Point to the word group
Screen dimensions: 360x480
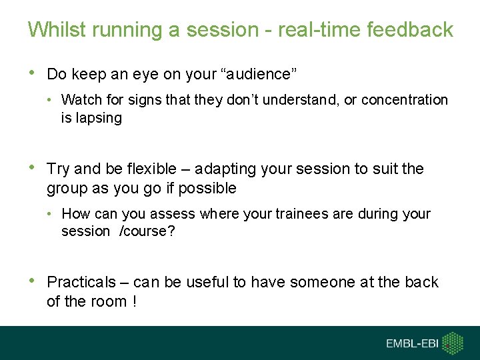[67, 189]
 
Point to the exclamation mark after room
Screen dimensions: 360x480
[135, 301]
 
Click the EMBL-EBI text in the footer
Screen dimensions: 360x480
[411, 343]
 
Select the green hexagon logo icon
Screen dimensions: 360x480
[453, 343]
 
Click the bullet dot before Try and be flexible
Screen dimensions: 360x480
[32, 169]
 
